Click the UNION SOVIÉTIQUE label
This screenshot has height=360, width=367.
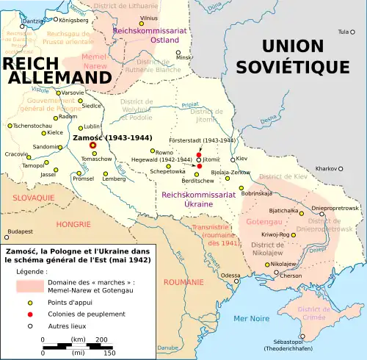tap(302, 57)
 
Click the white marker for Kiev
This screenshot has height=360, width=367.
tap(233, 159)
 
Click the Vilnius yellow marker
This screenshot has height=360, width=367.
tap(152, 24)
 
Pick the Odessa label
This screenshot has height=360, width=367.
tap(230, 276)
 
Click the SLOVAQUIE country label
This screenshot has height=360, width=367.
tap(34, 198)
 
